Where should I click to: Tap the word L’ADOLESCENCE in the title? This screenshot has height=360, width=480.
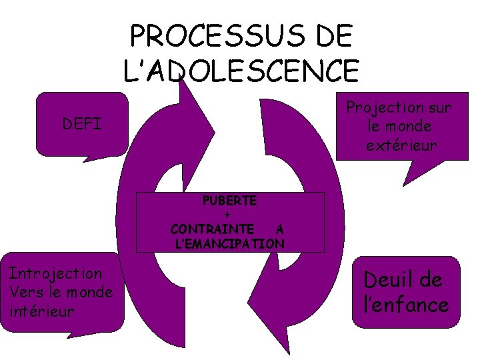[241, 68]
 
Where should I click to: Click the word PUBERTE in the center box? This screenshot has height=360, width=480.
[230, 200]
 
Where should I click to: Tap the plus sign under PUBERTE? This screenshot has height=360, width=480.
[229, 215]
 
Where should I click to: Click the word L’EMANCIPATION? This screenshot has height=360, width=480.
[229, 243]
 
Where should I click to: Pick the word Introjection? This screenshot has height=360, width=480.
[55, 273]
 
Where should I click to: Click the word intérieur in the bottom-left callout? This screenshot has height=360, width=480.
[42, 311]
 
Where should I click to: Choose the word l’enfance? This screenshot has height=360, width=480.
[405, 305]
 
